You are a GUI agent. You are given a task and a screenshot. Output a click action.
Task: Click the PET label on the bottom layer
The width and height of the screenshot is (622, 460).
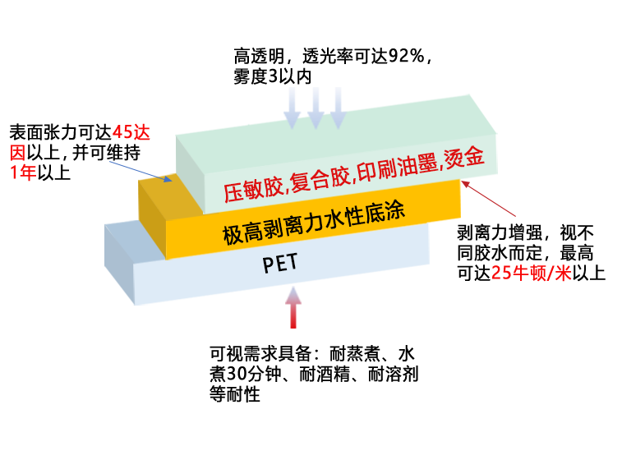279,263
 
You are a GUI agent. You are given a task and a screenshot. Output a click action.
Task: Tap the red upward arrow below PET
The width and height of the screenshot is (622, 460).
293,307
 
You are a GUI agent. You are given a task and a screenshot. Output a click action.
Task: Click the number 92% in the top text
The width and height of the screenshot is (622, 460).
405,57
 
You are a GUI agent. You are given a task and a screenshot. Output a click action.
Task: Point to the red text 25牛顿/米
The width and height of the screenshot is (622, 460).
531,273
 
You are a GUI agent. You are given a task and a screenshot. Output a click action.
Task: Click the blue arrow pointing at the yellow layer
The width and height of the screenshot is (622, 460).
141,172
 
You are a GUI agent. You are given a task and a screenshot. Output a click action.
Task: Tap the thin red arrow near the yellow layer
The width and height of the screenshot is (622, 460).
488,199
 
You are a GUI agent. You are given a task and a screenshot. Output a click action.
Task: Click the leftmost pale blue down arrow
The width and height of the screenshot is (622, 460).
292,108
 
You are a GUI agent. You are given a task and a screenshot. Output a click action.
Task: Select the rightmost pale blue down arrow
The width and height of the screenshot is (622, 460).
339,108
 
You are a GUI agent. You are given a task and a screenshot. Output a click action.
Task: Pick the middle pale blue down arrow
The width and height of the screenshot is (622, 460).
316,108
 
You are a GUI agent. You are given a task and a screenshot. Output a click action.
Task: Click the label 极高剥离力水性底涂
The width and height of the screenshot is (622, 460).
313,223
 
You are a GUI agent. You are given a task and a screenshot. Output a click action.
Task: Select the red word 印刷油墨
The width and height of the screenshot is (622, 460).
397,167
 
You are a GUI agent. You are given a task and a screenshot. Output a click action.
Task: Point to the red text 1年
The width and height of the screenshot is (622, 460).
23,172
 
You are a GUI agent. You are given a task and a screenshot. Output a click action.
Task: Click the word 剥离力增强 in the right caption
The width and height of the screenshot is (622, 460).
500,232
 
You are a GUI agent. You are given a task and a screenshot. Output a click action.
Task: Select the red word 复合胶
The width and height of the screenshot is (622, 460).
320,179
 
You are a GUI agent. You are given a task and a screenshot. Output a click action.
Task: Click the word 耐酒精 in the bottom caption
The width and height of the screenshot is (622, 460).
324,374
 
